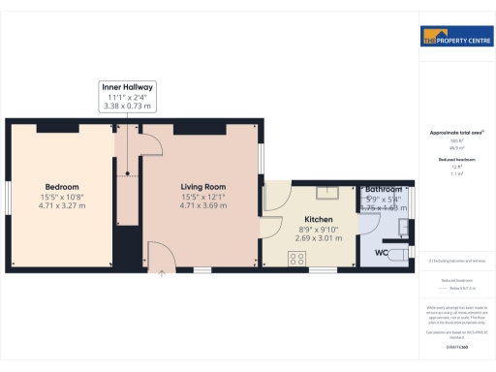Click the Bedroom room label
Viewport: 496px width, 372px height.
tap(62, 186)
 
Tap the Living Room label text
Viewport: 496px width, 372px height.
tap(202, 186)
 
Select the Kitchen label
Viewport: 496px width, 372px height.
tap(319, 219)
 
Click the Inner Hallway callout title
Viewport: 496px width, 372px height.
tap(128, 86)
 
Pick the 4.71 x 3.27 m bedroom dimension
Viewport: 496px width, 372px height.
tap(62, 205)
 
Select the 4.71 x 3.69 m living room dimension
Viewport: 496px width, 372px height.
tap(202, 205)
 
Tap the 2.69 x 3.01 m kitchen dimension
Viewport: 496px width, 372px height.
tap(319, 237)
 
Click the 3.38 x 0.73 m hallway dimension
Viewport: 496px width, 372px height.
tap(128, 106)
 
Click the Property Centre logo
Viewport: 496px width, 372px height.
tap(455, 38)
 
